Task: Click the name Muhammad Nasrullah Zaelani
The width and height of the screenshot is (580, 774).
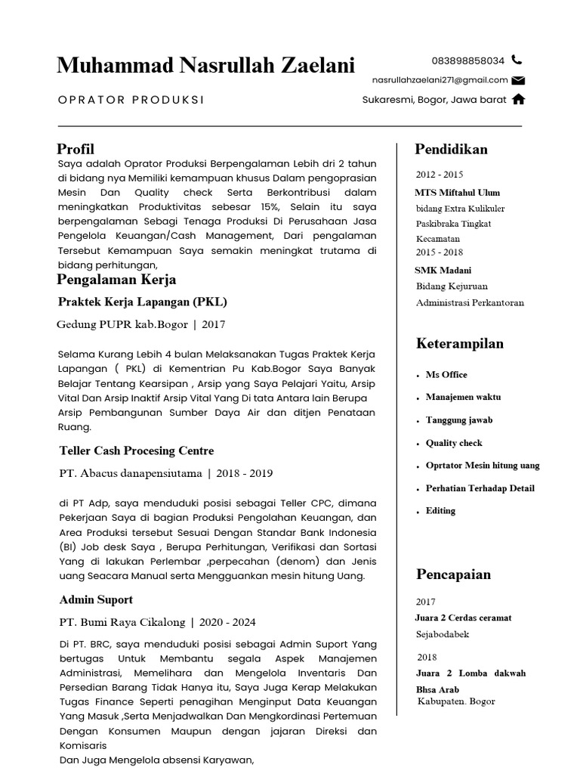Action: [205, 66]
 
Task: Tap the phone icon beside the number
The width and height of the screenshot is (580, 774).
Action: [517, 60]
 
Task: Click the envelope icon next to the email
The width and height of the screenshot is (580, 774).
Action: [518, 80]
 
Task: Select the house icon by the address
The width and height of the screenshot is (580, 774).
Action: [518, 99]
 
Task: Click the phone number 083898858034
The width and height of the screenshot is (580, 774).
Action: [467, 60]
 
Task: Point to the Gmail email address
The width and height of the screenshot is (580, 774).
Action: [440, 80]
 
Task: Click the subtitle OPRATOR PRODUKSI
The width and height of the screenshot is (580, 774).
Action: [131, 100]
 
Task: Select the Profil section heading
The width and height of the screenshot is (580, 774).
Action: [76, 149]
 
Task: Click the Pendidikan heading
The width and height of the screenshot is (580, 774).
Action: [452, 149]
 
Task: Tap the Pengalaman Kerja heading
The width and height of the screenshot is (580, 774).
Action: [117, 280]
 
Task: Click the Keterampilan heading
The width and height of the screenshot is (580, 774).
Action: [459, 344]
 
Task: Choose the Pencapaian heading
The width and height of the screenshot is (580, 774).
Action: [453, 574]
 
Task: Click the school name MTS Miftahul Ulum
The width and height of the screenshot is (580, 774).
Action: [457, 192]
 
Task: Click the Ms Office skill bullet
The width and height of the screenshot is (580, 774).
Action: [446, 375]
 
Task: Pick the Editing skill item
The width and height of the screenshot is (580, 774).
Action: [440, 511]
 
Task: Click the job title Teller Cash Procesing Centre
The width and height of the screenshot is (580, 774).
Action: [137, 450]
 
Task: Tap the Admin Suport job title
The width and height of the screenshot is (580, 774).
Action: [96, 599]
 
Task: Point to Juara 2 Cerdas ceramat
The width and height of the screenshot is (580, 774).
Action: [463, 618]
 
